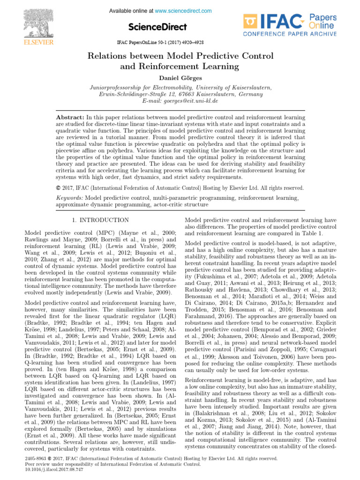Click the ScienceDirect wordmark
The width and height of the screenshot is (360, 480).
(157, 27)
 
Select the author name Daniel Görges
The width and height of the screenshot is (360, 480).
(180, 76)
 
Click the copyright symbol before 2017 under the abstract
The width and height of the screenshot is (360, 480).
(58, 188)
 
